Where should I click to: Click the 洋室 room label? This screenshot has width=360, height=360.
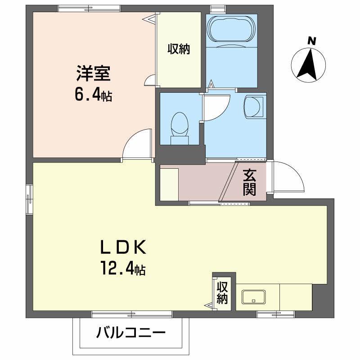click(x=94, y=72)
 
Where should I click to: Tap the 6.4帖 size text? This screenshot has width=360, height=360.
click(x=94, y=95)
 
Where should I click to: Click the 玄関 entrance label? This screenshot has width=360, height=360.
click(x=250, y=182)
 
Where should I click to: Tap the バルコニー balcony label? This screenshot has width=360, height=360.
click(x=130, y=333)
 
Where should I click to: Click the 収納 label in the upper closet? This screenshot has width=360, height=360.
click(x=179, y=49)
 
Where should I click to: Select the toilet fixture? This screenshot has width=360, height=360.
click(x=180, y=127)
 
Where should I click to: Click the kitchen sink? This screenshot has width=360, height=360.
click(x=254, y=297)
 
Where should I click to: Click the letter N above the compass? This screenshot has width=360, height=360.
click(x=310, y=40)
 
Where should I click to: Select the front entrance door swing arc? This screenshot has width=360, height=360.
click(x=288, y=178)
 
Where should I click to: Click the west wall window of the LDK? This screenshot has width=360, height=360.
click(x=29, y=198)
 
